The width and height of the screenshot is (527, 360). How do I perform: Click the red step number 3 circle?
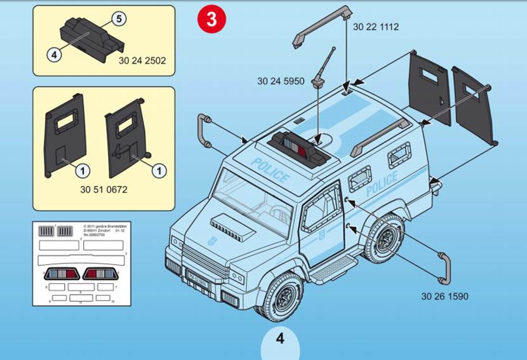pyautogui.click(x=211, y=18)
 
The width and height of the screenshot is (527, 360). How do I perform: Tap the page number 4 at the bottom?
pyautogui.click(x=280, y=338)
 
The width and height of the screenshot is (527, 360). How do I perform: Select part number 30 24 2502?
pyautogui.click(x=142, y=61)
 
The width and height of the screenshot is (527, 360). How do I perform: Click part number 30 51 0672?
pyautogui.click(x=104, y=189)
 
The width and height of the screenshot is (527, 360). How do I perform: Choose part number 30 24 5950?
pyautogui.click(x=281, y=81)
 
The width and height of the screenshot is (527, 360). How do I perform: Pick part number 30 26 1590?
pyautogui.click(x=444, y=296)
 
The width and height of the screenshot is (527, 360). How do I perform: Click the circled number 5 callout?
pyautogui.click(x=118, y=18)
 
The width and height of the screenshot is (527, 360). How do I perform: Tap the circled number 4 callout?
pyautogui.click(x=54, y=55)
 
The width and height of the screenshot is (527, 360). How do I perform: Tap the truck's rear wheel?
pyautogui.click(x=384, y=239)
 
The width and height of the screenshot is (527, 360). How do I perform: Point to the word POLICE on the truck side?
pyautogui.click(x=382, y=184)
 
